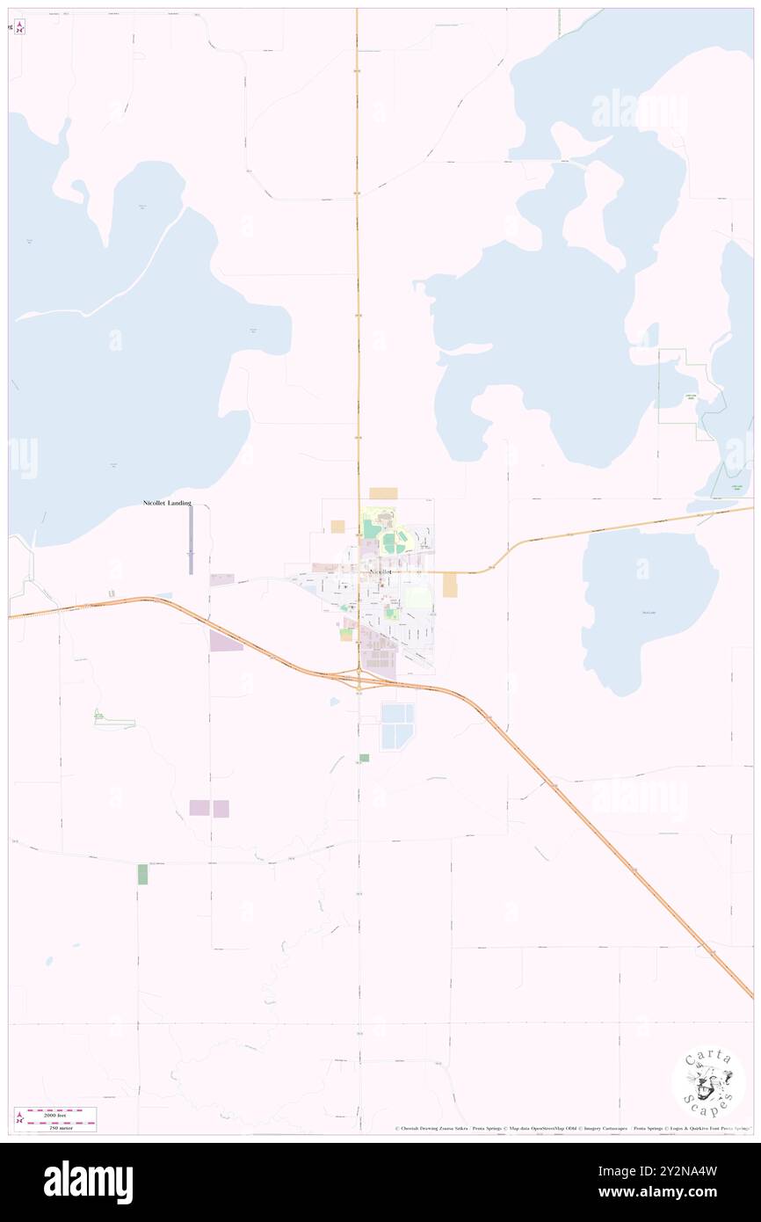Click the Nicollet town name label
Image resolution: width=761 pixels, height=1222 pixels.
coord(380,571)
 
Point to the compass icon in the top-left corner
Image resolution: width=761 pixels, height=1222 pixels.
coord(19,27)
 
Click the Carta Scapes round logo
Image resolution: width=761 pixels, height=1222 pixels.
coord(708,1083)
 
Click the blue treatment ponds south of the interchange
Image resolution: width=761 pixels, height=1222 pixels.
coord(396,726)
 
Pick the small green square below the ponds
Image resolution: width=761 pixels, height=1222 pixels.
coord(364,757)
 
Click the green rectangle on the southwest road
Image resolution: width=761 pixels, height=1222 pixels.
coord(142,874)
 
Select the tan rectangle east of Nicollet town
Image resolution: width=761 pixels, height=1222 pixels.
coord(450,585)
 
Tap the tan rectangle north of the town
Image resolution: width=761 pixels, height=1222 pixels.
coord(383,493)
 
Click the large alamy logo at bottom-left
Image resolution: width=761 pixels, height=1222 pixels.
coord(88,1182)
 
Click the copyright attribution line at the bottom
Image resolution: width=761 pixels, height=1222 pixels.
coord(571,1129)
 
